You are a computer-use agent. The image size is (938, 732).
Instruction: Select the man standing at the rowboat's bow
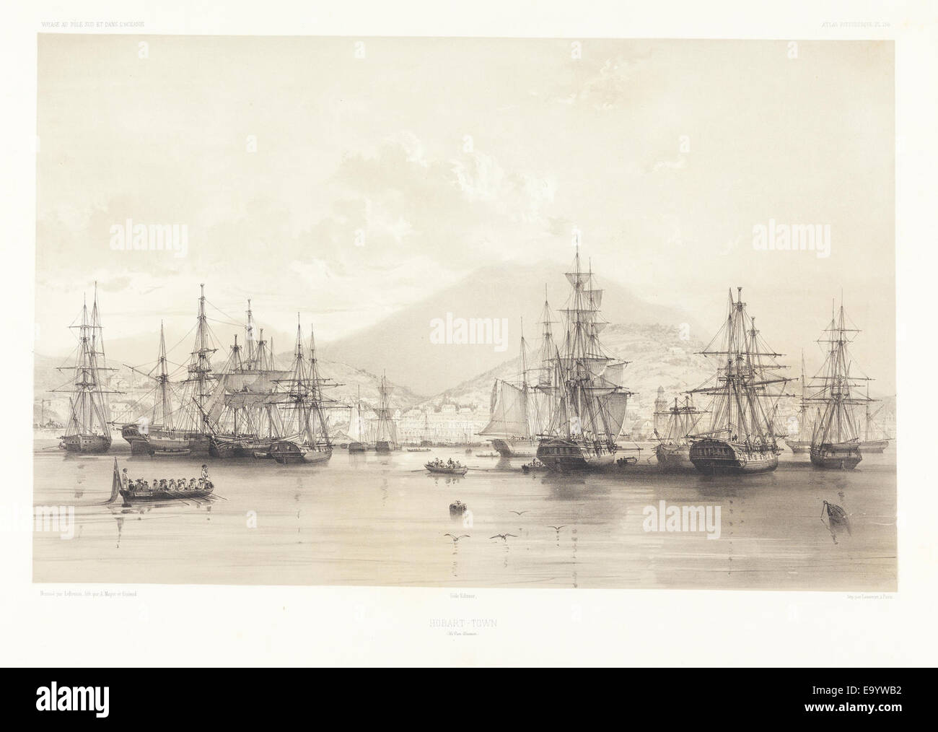point(205,474)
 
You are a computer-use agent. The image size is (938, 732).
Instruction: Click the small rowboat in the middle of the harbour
point(445,469)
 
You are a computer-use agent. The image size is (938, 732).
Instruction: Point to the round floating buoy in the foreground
point(456,507)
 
